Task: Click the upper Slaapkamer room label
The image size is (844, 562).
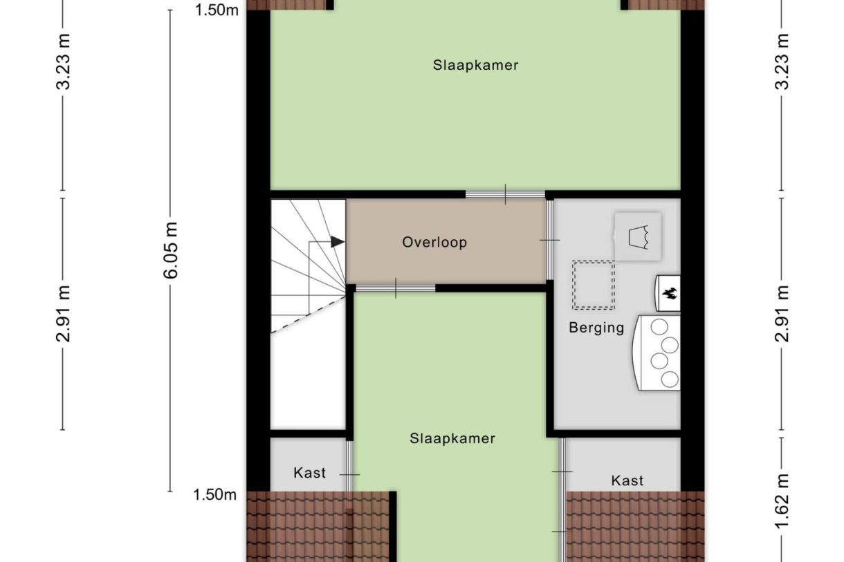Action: pyautogui.click(x=476, y=66)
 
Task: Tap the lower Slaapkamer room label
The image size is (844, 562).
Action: pyautogui.click(x=452, y=438)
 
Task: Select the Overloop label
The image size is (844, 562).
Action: pyautogui.click(x=434, y=243)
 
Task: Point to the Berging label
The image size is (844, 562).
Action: pyautogui.click(x=596, y=328)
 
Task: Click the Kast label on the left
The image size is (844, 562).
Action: pyautogui.click(x=310, y=474)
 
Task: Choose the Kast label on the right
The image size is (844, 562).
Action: pyautogui.click(x=627, y=480)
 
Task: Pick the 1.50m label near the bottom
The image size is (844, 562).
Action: pyautogui.click(x=214, y=494)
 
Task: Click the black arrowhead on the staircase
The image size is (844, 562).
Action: pyautogui.click(x=338, y=242)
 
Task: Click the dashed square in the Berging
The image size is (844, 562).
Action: pyautogui.click(x=593, y=285)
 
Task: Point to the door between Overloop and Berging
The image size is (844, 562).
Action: pyautogui.click(x=550, y=240)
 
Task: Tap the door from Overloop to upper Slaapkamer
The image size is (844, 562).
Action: pyautogui.click(x=505, y=194)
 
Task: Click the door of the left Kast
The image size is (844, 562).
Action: pyautogui.click(x=349, y=474)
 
